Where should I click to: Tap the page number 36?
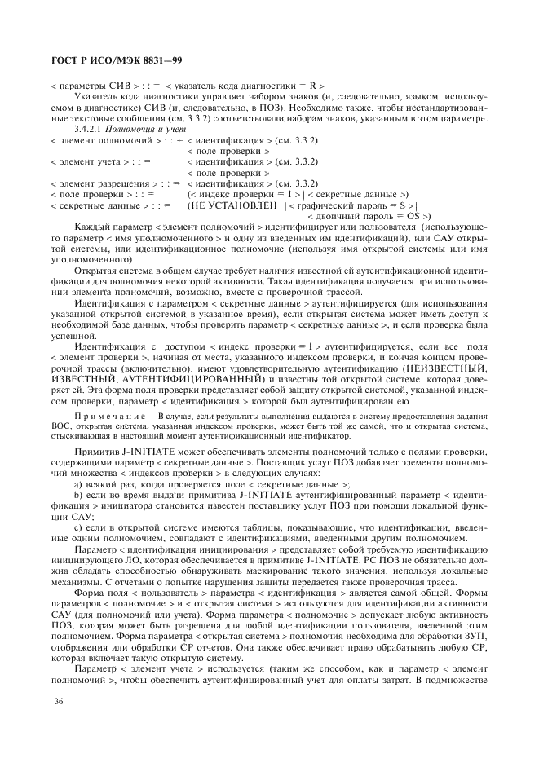pyautogui.click(x=56, y=702)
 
